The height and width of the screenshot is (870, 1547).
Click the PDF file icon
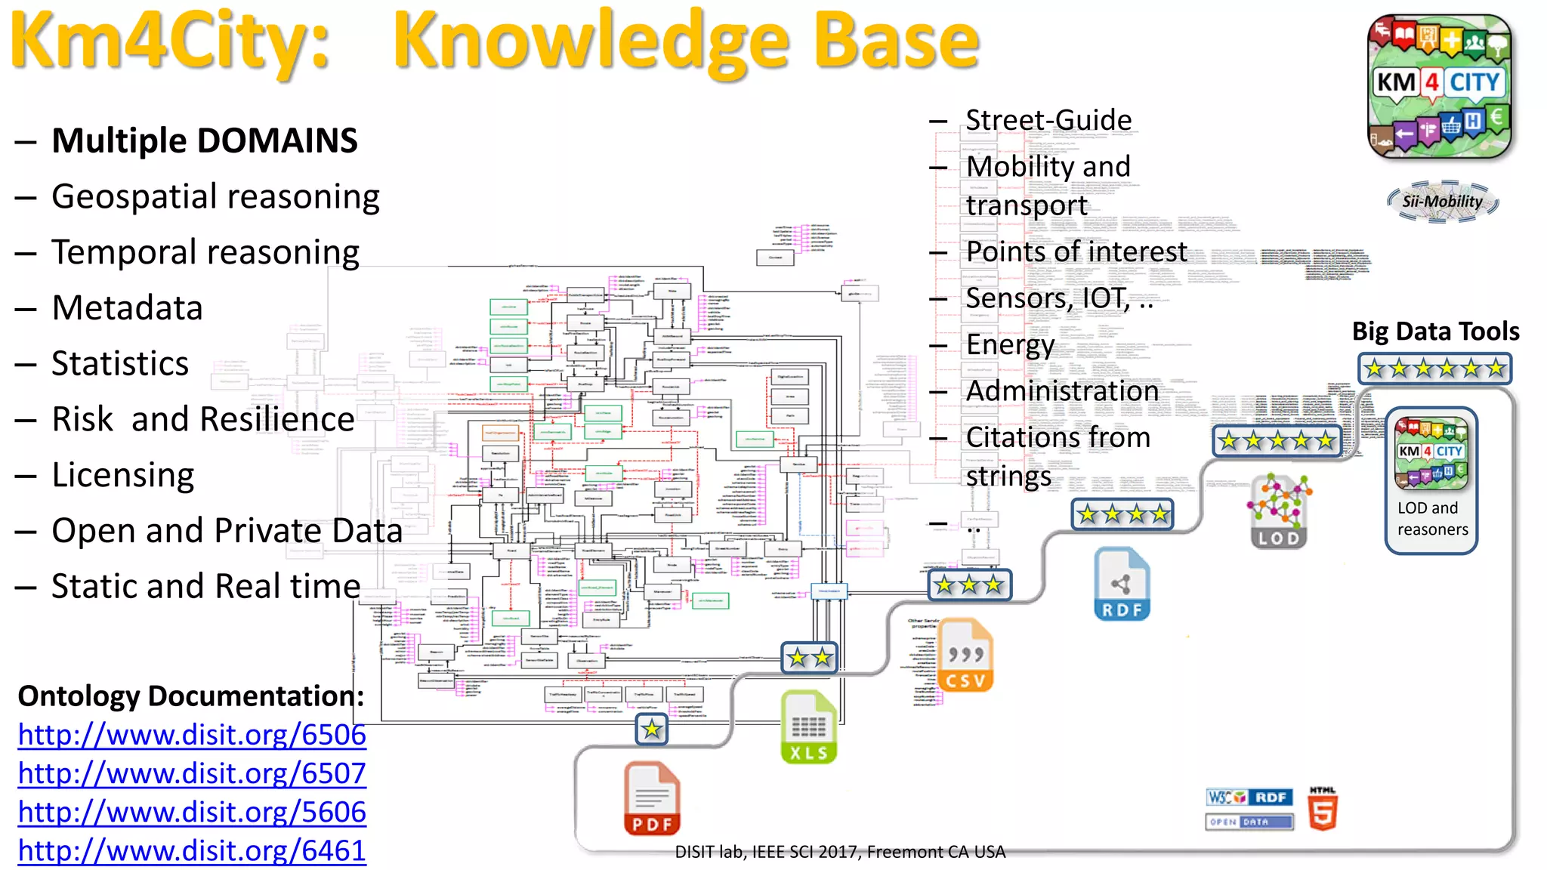[x=652, y=798]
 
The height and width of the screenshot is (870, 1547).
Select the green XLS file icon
[x=808, y=727]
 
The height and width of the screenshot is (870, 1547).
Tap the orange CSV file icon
[x=965, y=655]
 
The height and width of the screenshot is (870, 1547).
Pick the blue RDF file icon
[x=1122, y=585]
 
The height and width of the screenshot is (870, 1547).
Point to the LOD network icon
[x=1278, y=511]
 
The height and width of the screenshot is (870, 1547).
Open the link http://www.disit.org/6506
[x=192, y=735]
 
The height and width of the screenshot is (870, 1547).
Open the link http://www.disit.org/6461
[x=192, y=851]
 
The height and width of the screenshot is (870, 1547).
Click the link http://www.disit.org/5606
[x=192, y=812]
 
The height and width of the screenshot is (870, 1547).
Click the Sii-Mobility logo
[x=1442, y=202]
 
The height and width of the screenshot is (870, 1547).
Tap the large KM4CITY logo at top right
[x=1439, y=85]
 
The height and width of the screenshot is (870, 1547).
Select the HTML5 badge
[x=1323, y=809]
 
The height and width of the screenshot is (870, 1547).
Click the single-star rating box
[x=651, y=730]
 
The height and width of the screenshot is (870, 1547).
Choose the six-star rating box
[x=1434, y=369]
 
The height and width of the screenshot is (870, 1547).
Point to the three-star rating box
[x=969, y=585]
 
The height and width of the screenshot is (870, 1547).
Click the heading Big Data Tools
[x=1435, y=331]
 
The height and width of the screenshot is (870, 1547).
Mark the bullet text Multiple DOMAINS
[x=205, y=140]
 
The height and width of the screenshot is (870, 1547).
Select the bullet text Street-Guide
[x=1048, y=120]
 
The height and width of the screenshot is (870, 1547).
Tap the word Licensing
[x=123, y=475]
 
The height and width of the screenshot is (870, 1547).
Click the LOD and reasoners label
[x=1432, y=519]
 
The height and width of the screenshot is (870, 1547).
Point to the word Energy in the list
[x=1010, y=344]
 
